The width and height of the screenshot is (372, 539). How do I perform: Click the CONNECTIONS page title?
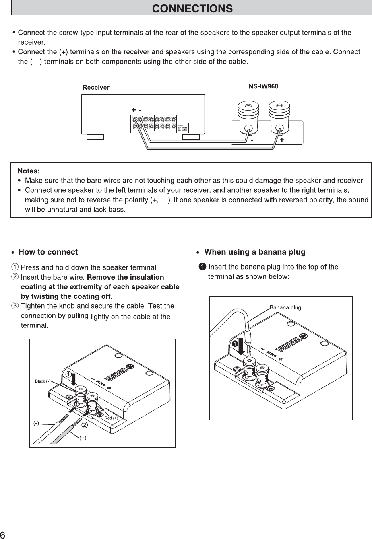(x=192, y=8)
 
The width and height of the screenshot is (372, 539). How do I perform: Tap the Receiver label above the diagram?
(x=96, y=87)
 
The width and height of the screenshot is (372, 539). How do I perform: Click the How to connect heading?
(x=48, y=252)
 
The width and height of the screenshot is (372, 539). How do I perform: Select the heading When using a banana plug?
(x=255, y=252)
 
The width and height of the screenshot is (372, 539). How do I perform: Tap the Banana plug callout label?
(x=285, y=308)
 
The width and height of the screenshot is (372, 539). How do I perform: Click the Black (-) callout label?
(x=43, y=381)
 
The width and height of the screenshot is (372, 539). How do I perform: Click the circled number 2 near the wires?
(x=85, y=425)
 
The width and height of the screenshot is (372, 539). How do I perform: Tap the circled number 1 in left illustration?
(x=69, y=374)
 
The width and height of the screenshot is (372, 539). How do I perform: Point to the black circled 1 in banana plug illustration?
(x=235, y=343)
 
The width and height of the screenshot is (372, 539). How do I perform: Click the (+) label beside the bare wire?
(x=83, y=438)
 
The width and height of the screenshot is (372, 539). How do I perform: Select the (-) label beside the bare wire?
(x=36, y=423)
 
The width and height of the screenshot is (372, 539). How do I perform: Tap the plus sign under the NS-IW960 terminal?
(x=282, y=140)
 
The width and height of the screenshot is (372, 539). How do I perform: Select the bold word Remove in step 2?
(x=99, y=277)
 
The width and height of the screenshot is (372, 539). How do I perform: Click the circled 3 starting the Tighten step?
(x=15, y=306)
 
